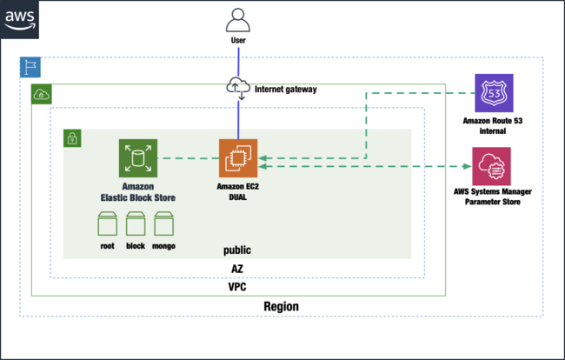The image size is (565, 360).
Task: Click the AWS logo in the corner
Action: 21,19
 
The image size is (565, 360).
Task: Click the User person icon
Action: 238,20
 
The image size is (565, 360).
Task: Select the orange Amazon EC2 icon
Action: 238,157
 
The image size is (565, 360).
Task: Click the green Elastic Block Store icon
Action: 138,157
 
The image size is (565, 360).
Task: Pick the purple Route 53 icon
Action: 491,93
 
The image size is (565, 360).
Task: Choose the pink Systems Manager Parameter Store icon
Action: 491,165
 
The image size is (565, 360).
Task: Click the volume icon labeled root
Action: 108,224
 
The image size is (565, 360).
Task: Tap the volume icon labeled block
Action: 136,224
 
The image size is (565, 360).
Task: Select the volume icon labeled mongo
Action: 163,224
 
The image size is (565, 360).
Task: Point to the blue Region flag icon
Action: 30,68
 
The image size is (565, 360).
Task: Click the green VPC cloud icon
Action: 41,94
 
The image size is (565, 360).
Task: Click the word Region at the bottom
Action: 281,306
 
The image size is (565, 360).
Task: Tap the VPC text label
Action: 237,286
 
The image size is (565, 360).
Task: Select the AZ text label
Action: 237,269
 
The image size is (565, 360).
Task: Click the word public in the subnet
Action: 237,250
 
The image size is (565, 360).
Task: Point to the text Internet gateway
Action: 286,89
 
